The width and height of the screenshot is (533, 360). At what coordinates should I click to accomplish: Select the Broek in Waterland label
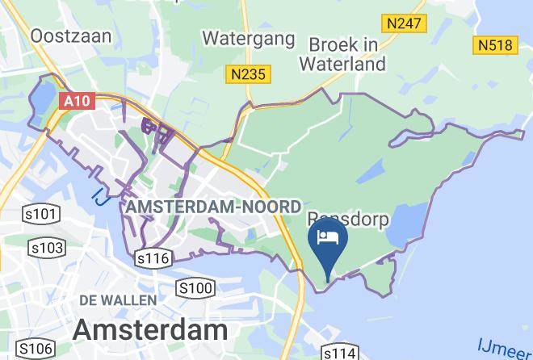pyautogui.click(x=344, y=53)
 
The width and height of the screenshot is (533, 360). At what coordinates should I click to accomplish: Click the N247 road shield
pyautogui.click(x=403, y=23)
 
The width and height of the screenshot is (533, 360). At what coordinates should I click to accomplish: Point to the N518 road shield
pyautogui.click(x=495, y=44)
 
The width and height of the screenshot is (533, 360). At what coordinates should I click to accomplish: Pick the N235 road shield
pyautogui.click(x=248, y=75)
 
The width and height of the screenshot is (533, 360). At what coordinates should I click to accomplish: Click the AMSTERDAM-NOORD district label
pyautogui.click(x=214, y=207)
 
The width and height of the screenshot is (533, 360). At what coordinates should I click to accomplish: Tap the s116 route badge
pyautogui.click(x=153, y=258)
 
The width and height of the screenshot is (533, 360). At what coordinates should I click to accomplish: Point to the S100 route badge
pyautogui.click(x=195, y=288)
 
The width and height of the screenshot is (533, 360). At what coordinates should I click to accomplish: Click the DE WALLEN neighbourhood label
pyautogui.click(x=117, y=300)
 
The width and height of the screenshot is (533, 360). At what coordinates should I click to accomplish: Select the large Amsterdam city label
pyautogui.click(x=150, y=330)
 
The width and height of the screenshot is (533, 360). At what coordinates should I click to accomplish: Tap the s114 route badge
pyautogui.click(x=340, y=354)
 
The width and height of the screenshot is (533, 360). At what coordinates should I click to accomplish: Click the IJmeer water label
pyautogui.click(x=505, y=349)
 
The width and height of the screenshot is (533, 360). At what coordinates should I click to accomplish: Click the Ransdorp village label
pyautogui.click(x=348, y=219)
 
